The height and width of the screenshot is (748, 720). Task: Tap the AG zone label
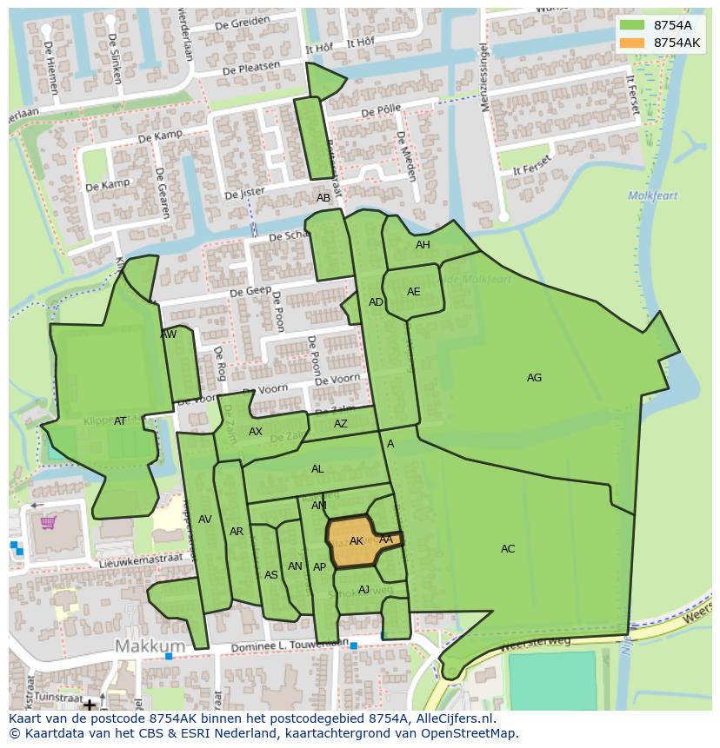pyautogui.click(x=534, y=378)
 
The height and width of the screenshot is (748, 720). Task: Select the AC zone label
pyautogui.click(x=508, y=549)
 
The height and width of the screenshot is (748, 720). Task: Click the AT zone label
pyautogui.click(x=120, y=421)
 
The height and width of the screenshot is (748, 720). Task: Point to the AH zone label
pyautogui.click(x=423, y=245)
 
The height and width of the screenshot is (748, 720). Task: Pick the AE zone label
pyautogui.click(x=413, y=292)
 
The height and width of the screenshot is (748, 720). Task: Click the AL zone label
pyautogui.click(x=317, y=469)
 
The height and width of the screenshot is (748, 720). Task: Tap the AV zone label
pyautogui.click(x=205, y=520)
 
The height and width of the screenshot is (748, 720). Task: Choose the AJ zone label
pyautogui.click(x=363, y=590)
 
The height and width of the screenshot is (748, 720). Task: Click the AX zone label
pyautogui.click(x=256, y=432)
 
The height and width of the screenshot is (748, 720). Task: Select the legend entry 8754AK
pyautogui.click(x=677, y=43)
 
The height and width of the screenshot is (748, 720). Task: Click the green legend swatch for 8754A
pyautogui.click(x=632, y=25)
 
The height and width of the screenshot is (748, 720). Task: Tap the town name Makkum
pyautogui.click(x=150, y=646)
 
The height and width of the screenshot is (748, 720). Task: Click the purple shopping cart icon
pyautogui.click(x=48, y=522)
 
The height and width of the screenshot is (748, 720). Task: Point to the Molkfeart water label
pyautogui.click(x=653, y=196)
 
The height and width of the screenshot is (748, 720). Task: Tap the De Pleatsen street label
pyautogui.click(x=251, y=67)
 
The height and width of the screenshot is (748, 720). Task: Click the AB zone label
pyautogui.click(x=323, y=198)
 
